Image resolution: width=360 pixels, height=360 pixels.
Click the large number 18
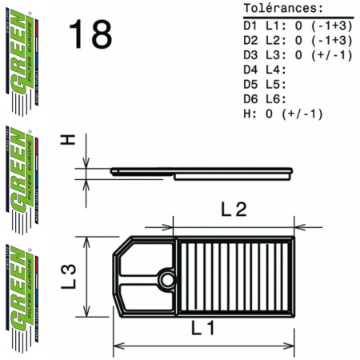point(90,34)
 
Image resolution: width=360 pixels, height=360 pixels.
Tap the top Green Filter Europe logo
point(27,55)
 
